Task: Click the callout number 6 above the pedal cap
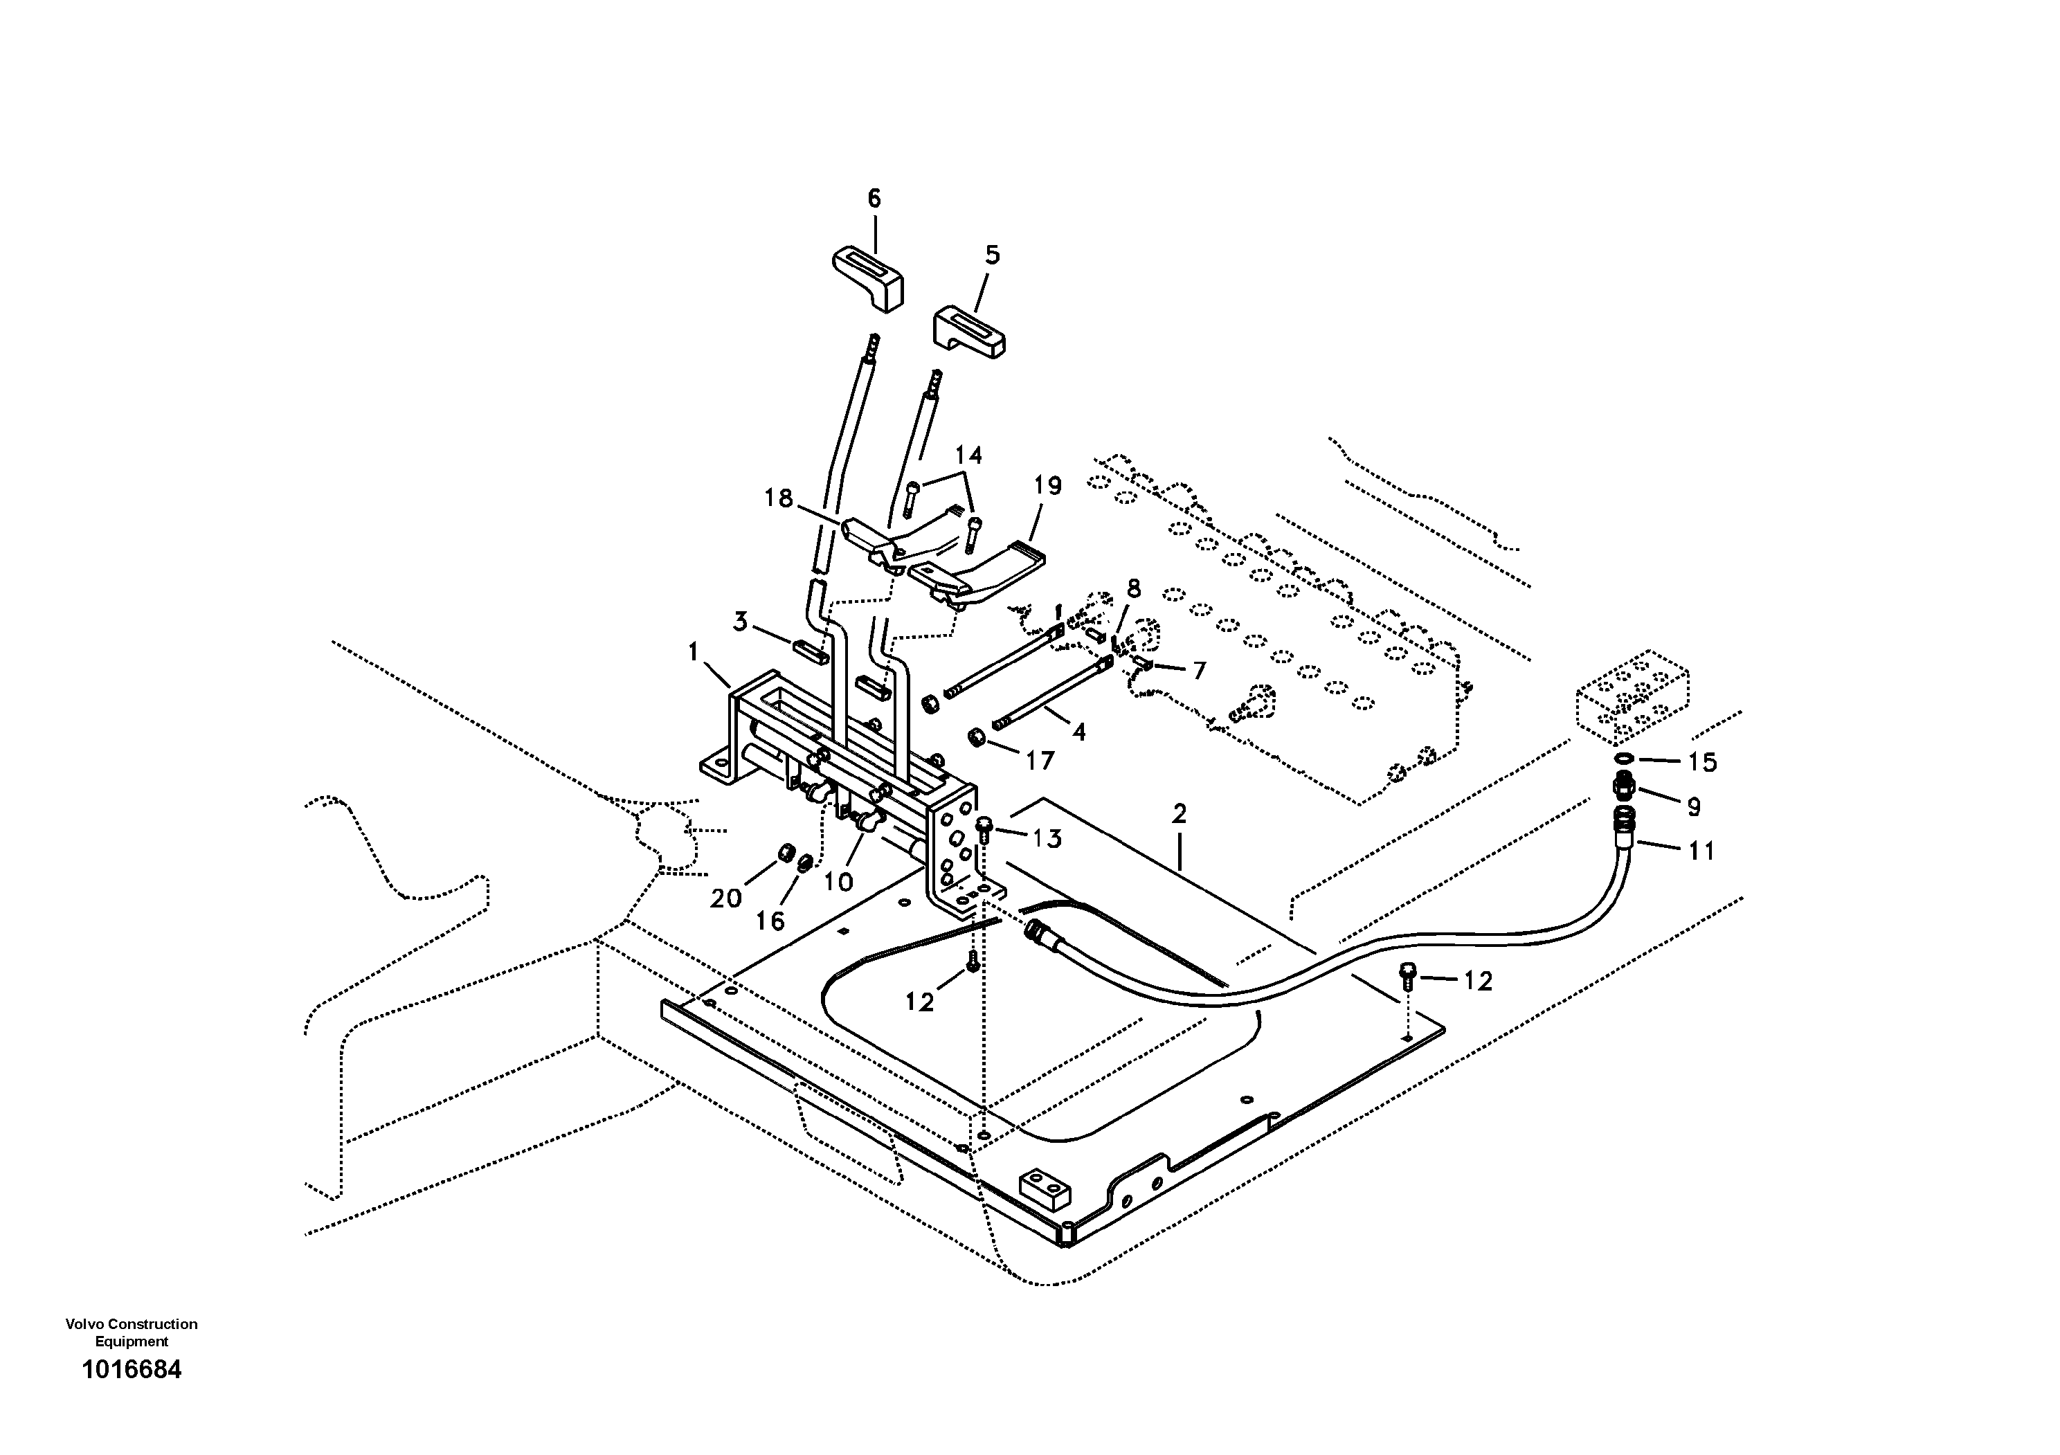point(874,198)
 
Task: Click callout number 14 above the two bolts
point(967,455)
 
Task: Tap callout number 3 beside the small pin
point(740,622)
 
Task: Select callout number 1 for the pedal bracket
point(694,652)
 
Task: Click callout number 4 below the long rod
point(1078,732)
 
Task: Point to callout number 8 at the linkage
point(1133,589)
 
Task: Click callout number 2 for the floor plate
point(1179,813)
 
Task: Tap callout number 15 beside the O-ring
point(1702,763)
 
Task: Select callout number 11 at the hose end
point(1701,851)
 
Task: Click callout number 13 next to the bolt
point(1046,839)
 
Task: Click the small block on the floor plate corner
point(1046,1188)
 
